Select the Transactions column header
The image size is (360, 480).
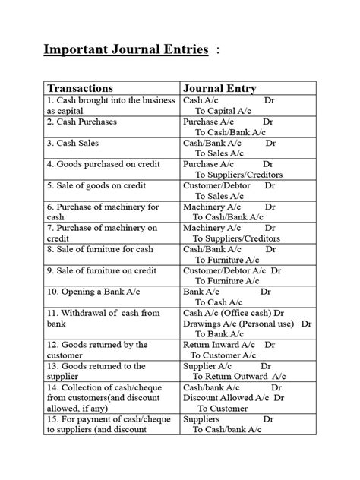click(x=81, y=88)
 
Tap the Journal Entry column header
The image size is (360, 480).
click(x=219, y=88)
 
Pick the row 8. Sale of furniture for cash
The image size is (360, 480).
click(x=99, y=248)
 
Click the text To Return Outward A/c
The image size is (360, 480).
click(x=239, y=376)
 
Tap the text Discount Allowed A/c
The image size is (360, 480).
click(x=227, y=397)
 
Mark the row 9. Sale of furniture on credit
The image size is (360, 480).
click(x=103, y=270)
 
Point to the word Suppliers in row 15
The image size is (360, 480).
click(x=201, y=418)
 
